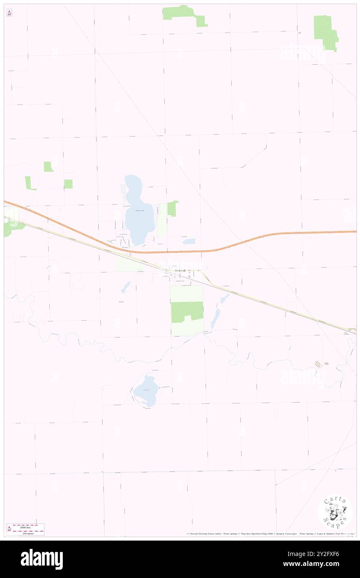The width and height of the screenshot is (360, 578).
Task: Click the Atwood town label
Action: tap(180, 271)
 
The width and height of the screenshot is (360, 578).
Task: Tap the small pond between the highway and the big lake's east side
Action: tap(189, 241)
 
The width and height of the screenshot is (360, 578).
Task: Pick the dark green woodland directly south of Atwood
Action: tap(187, 311)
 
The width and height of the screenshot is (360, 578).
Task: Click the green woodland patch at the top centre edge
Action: tap(183, 14)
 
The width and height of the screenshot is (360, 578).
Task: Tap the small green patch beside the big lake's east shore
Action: tap(173, 208)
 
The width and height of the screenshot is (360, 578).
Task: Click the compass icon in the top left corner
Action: tap(9, 13)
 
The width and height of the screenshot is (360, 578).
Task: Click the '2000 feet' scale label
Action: tap(28, 526)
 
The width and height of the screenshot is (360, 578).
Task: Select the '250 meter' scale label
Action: tap(28, 532)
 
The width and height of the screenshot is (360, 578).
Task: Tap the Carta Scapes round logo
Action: tap(335, 512)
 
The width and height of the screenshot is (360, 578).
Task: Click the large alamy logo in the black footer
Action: tap(42, 559)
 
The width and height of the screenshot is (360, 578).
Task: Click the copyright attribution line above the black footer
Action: tap(270, 534)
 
